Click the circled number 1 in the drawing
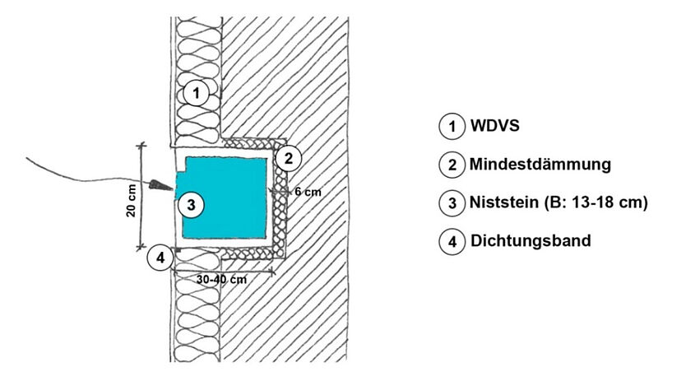click(195, 93)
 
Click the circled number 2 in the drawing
click(288, 157)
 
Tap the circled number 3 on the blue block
click(190, 204)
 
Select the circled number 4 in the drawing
click(160, 258)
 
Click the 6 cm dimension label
click(306, 192)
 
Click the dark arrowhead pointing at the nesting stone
click(160, 184)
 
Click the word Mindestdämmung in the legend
click(540, 165)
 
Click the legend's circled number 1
click(452, 128)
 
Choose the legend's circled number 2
click(452, 165)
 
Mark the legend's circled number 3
click(452, 203)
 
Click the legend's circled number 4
click(452, 242)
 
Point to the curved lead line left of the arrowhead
click(82, 170)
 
